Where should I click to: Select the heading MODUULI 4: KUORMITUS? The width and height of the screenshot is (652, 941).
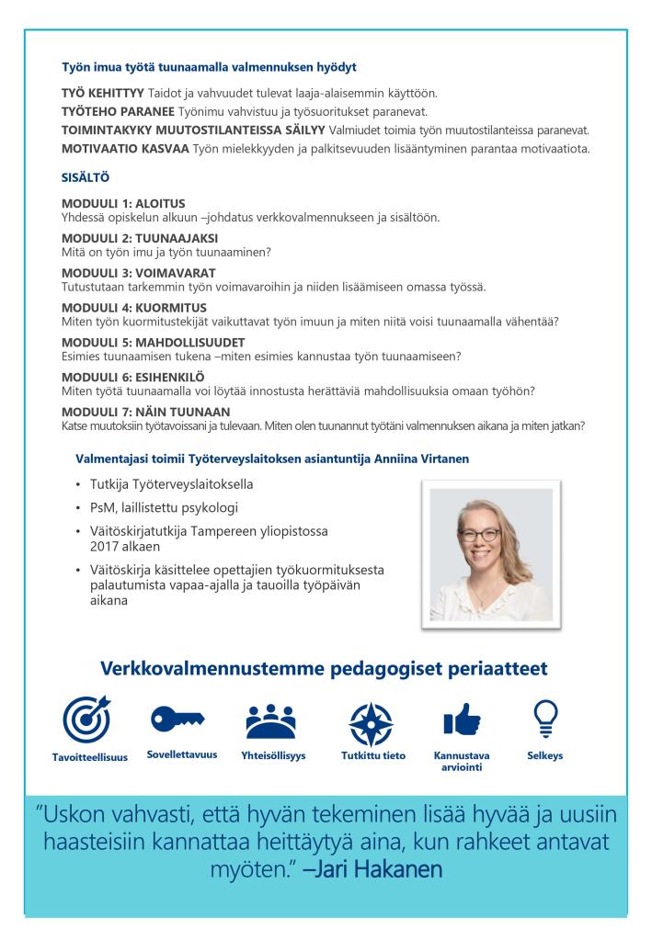[133, 306]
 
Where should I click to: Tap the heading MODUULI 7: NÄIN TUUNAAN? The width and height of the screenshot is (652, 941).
[145, 410]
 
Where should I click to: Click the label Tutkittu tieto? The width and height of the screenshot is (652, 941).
[373, 755]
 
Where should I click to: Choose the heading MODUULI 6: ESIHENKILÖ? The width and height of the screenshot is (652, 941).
[132, 376]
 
